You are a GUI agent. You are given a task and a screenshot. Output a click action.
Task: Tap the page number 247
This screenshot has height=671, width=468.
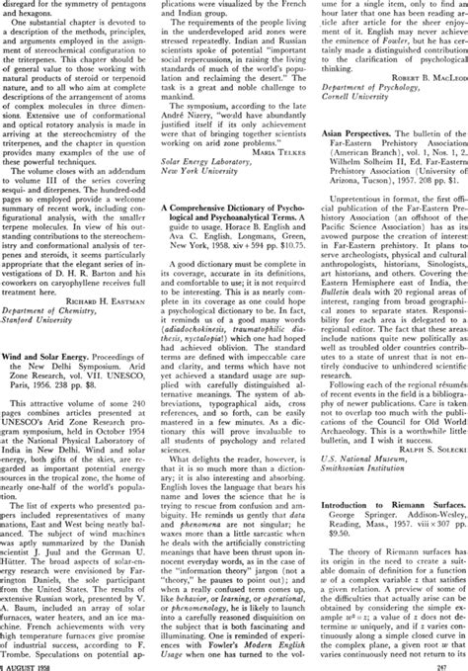(455, 664)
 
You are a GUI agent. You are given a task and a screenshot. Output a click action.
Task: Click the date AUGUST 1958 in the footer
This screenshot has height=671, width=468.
(31, 664)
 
